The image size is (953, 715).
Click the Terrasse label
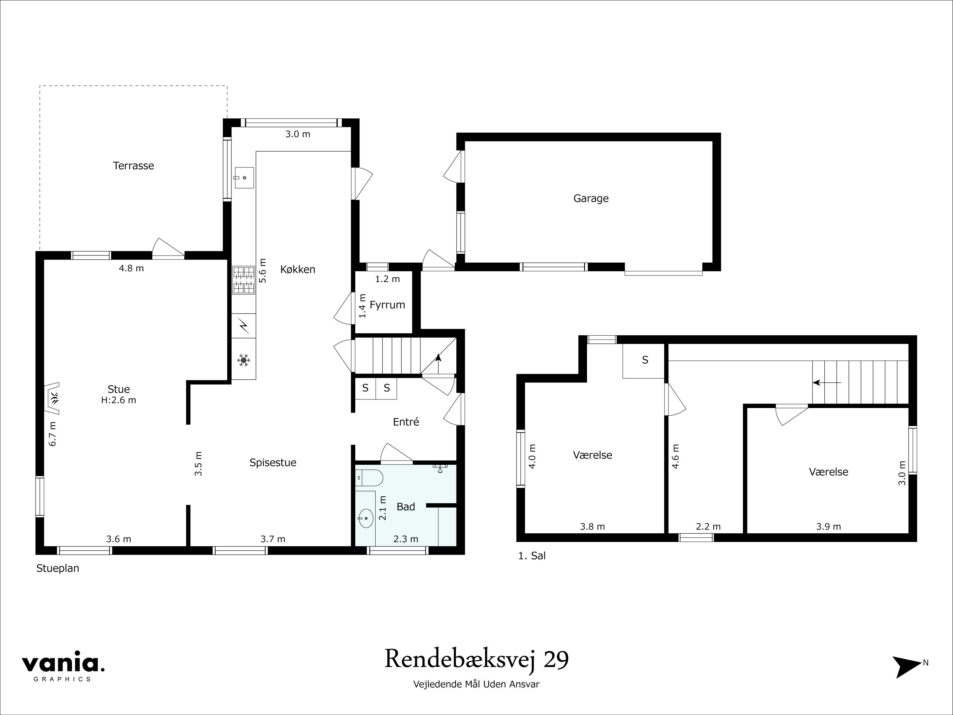(133, 165)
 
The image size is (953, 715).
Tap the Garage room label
(591, 198)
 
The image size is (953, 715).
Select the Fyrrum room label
(387, 305)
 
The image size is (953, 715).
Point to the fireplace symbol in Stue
(53, 398)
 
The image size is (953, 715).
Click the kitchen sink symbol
(244, 178)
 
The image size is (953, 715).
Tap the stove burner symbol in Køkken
(244, 280)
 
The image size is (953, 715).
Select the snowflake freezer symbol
(244, 360)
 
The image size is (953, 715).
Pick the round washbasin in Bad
(366, 518)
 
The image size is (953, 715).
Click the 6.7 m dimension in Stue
(53, 434)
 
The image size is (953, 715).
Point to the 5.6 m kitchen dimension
(263, 270)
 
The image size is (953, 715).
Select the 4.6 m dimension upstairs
(675, 456)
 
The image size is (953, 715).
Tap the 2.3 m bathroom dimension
(406, 539)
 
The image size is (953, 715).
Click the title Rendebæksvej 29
(477, 659)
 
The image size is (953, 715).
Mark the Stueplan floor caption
(58, 568)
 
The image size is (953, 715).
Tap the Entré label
(406, 422)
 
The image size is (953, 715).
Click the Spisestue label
(273, 462)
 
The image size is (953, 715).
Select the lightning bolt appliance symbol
(244, 326)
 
